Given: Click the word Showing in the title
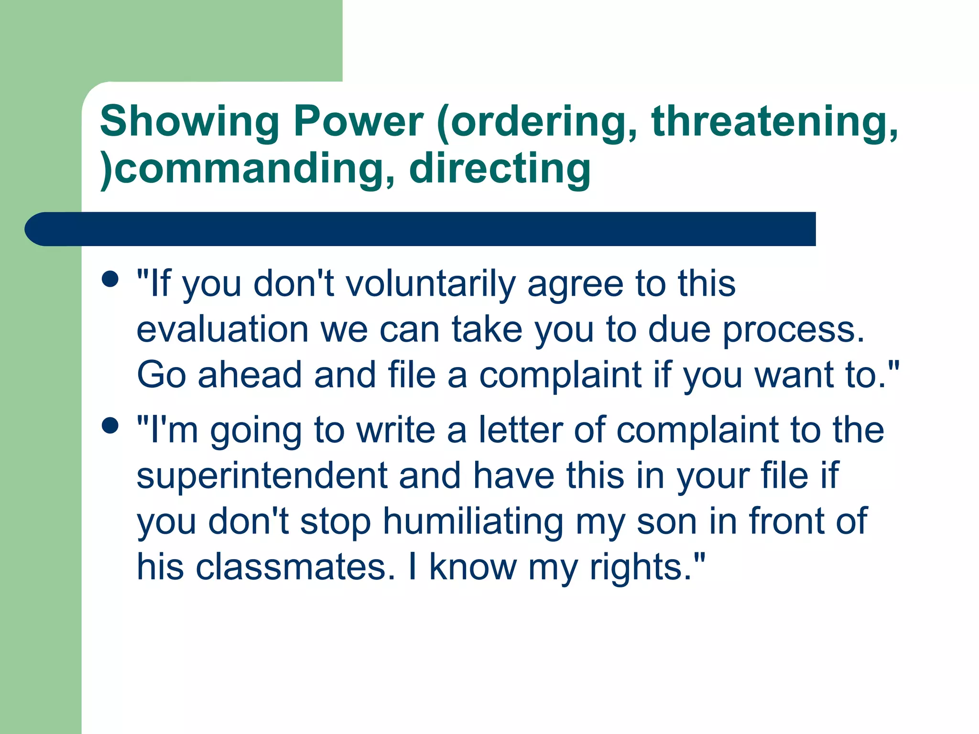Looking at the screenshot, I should [x=189, y=121].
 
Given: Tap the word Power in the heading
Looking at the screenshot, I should [x=358, y=121].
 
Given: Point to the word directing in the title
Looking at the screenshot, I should [x=500, y=168].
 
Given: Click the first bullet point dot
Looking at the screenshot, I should [x=110, y=279].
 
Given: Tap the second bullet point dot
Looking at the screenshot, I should [x=110, y=425].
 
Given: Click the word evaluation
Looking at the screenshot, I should [x=222, y=330].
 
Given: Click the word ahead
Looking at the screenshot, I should [x=250, y=375].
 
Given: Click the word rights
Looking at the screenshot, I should [x=641, y=567].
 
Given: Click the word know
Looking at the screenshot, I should [x=473, y=567].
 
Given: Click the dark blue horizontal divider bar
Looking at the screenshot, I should [x=421, y=229].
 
